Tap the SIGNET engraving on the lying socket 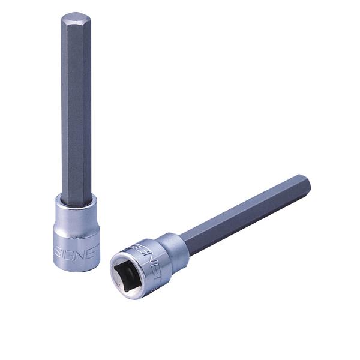pos(146,253)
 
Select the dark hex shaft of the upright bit pos(75,108)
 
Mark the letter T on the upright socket pos(97,247)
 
